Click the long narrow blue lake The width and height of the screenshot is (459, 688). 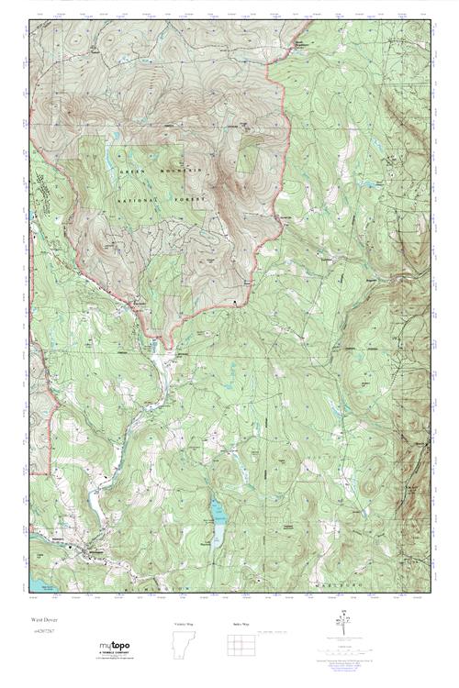point(218,524)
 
